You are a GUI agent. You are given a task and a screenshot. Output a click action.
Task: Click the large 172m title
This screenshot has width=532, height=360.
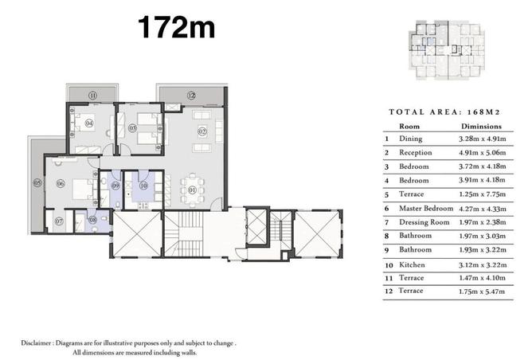pyautogui.click(x=177, y=27)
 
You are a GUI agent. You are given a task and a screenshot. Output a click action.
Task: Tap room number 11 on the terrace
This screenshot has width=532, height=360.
pyautogui.click(x=92, y=96)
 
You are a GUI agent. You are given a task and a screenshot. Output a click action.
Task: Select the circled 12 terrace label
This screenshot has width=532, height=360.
pyautogui.click(x=191, y=96)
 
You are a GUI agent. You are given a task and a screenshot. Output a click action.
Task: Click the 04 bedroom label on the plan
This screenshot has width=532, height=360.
pyautogui.click(x=89, y=123)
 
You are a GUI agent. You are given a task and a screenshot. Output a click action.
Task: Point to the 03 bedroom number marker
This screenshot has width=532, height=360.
pyautogui.click(x=132, y=128)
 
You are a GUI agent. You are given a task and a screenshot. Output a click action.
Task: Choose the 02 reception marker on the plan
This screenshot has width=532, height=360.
pyautogui.click(x=202, y=131)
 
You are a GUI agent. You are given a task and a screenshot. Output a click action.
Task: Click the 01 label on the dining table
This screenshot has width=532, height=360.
pyautogui.click(x=192, y=190)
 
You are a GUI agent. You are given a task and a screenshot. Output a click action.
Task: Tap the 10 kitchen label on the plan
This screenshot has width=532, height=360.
pyautogui.click(x=143, y=186)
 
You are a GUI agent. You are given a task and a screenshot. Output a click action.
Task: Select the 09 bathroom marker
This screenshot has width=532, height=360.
pyautogui.click(x=115, y=186)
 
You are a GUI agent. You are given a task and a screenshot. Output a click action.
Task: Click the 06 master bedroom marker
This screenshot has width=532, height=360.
pyautogui.click(x=61, y=183)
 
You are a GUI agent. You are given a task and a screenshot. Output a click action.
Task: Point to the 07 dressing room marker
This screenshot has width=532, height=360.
pyautogui.click(x=59, y=221)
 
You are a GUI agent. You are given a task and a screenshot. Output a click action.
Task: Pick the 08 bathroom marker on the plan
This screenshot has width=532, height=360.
pyautogui.click(x=92, y=220)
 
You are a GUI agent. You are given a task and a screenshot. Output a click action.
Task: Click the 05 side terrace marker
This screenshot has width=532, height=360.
pyautogui.click(x=37, y=183)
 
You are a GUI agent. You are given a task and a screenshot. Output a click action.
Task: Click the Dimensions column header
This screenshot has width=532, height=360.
pyautogui.click(x=481, y=126)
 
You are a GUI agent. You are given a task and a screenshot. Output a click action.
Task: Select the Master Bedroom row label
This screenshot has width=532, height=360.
pyautogui.click(x=426, y=208)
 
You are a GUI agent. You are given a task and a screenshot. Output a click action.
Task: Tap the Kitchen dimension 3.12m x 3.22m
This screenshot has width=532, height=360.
pyautogui.click(x=483, y=264)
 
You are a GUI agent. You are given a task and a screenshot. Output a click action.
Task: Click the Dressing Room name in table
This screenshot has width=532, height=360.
pyautogui.click(x=424, y=222)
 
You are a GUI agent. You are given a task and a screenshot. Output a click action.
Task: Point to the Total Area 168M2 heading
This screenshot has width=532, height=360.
pyautogui.click(x=444, y=112)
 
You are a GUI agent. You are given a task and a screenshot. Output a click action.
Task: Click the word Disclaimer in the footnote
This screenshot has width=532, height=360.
pyautogui.click(x=37, y=342)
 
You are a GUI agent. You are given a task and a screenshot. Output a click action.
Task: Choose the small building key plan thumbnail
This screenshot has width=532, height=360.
pyautogui.click(x=447, y=50)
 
